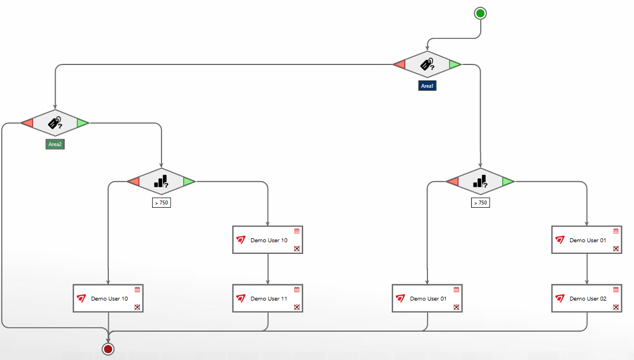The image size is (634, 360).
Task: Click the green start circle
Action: click(x=480, y=13)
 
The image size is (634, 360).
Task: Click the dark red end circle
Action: click(x=108, y=349)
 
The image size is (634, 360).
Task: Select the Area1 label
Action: click(x=427, y=86)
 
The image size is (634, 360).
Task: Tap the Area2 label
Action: click(x=55, y=144)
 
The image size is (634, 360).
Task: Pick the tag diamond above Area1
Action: click(x=427, y=65)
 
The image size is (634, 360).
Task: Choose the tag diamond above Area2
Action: click(x=55, y=123)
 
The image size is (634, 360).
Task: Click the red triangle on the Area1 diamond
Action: click(x=400, y=64)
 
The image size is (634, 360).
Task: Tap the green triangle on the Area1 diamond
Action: click(x=455, y=64)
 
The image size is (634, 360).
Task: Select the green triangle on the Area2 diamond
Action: click(x=82, y=123)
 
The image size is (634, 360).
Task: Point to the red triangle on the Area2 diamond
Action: click(x=27, y=123)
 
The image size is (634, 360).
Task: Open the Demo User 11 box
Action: click(x=268, y=298)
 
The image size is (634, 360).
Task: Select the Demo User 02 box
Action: click(x=587, y=298)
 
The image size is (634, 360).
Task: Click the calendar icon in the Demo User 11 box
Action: click(x=297, y=289)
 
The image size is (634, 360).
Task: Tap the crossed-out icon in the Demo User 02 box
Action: click(x=616, y=307)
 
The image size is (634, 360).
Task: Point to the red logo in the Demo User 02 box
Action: click(x=560, y=298)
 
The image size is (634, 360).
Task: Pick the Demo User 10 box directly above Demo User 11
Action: click(x=268, y=240)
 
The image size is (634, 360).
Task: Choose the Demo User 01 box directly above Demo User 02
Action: click(x=587, y=240)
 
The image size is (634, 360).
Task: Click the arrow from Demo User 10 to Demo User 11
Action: click(x=268, y=269)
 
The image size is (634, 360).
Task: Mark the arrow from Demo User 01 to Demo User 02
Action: click(x=587, y=269)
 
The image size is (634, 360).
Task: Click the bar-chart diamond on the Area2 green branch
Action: click(x=161, y=181)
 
